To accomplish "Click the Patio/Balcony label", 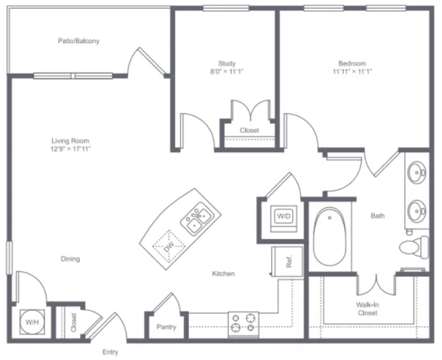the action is point(79,41).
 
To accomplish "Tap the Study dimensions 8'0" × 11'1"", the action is point(227,72).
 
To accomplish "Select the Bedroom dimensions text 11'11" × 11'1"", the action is point(352,72).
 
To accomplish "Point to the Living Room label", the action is point(70,140).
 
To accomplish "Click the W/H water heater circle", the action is point(32,322).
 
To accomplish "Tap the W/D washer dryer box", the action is point(284,218).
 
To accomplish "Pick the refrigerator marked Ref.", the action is point(287,261).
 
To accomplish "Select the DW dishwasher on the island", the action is point(169,246).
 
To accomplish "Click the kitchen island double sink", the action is point(197,219).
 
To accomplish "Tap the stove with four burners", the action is point(243,325).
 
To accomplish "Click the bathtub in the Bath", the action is point(329,236).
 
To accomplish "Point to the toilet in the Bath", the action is point(414,247).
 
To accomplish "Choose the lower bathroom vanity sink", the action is point(416,211).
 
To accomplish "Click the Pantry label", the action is point(166,327).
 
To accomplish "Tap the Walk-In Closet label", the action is point(367,309).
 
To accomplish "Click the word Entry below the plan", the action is point(110,352).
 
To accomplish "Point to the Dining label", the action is point(70,258).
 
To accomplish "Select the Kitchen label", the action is point(223,274).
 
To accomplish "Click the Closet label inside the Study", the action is point(249,131).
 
